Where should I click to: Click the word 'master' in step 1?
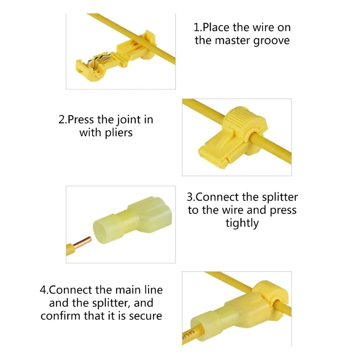click(233, 40)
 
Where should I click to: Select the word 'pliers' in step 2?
click(119, 133)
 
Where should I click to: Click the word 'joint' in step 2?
click(128, 120)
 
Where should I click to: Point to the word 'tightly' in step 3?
click(242, 223)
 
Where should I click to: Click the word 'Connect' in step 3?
click(217, 197)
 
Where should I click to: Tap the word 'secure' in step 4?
click(145, 316)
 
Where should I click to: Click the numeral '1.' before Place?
click(198, 27)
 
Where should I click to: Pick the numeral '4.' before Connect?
click(44, 290)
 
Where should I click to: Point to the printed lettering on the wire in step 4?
click(188, 335)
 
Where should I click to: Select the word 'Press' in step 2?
click(81, 120)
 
